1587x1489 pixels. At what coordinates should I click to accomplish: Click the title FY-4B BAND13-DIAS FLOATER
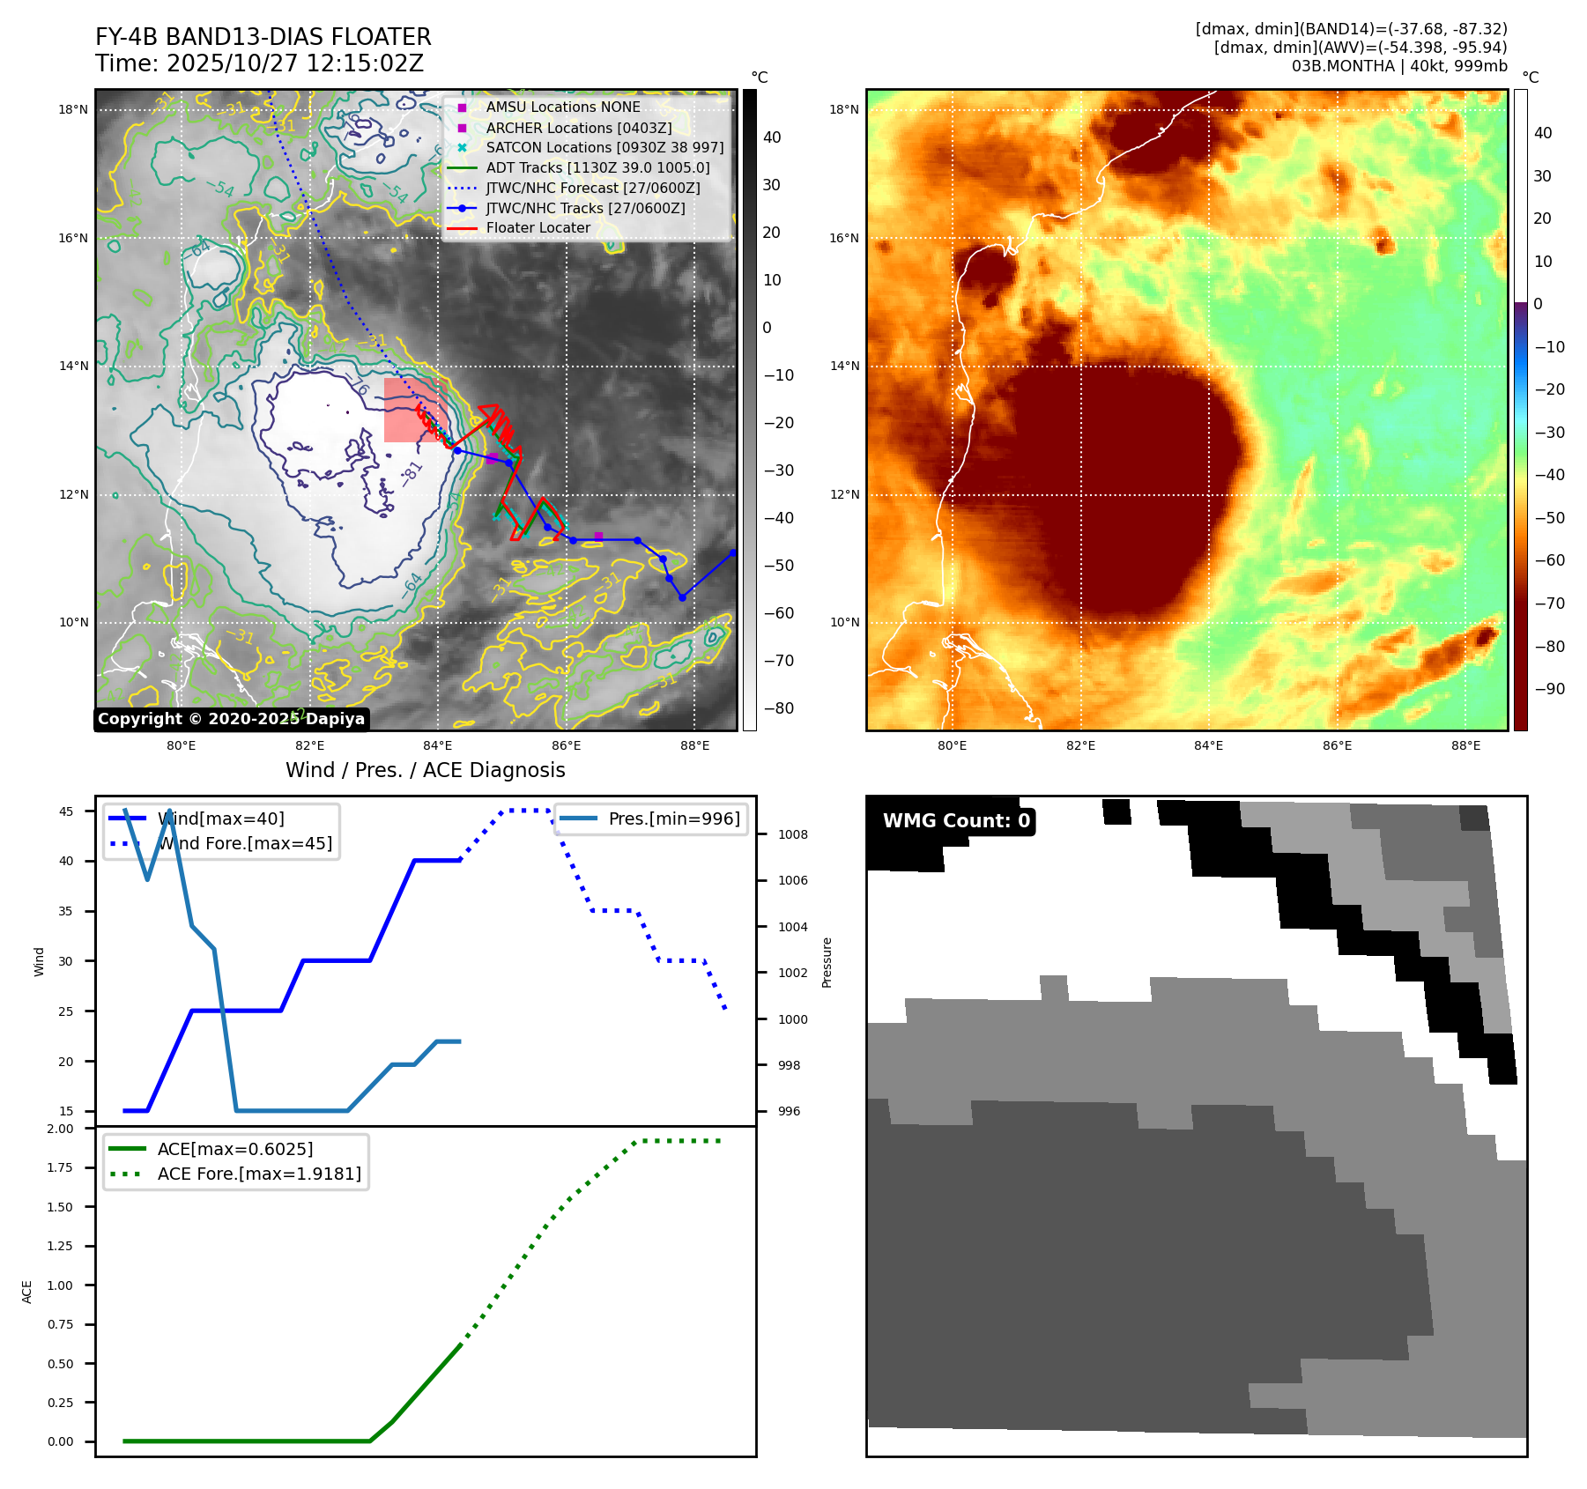tap(263, 37)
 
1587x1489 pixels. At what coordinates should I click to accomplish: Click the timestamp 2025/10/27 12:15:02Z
tap(294, 63)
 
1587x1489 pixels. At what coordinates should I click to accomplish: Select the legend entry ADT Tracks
tap(597, 167)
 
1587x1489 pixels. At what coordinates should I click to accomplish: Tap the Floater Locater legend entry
tap(538, 227)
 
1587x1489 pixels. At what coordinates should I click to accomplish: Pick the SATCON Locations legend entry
tap(604, 147)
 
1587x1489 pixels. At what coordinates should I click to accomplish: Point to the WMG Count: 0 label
tap(956, 820)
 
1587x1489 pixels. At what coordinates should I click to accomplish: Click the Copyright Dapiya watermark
tap(231, 719)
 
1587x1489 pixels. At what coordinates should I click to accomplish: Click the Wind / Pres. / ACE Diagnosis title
tap(425, 770)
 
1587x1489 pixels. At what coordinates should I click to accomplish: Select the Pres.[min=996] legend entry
tap(674, 819)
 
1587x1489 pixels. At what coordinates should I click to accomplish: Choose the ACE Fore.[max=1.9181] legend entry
tap(259, 1174)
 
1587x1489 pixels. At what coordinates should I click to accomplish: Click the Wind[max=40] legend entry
tap(220, 819)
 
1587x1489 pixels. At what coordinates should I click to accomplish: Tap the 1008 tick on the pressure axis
tap(792, 834)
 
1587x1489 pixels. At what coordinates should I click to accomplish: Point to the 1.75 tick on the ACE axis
tap(60, 1167)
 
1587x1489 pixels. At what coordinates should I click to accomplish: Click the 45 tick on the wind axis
tap(66, 811)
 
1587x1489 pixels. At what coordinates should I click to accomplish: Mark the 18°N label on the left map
tap(73, 110)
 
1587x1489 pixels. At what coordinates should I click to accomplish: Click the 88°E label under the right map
tap(1465, 745)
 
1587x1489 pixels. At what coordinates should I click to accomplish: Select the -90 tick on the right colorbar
tap(1549, 689)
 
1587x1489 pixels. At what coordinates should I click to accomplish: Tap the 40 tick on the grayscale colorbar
tap(772, 137)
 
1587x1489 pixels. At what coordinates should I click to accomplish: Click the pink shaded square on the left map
tap(414, 411)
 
